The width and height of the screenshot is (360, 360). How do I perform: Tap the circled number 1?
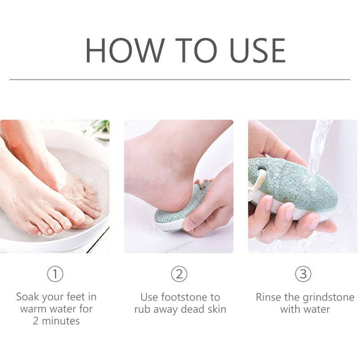pyautogui.click(x=55, y=274)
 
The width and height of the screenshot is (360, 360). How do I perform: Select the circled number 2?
pyautogui.click(x=179, y=274)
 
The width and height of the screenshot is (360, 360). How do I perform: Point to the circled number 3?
pyautogui.click(x=303, y=274)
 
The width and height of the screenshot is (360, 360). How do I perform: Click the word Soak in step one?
pyautogui.click(x=27, y=297)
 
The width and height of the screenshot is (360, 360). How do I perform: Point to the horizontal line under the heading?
pyautogui.click(x=180, y=80)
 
